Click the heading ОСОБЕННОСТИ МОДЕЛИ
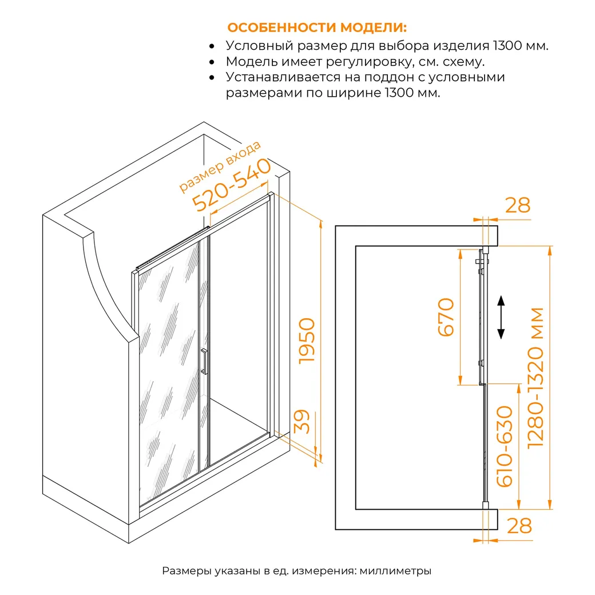pos(317,27)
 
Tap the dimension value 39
pos(303,422)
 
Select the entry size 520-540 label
pos(232,185)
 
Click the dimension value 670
pos(446,317)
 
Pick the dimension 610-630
pos(505,446)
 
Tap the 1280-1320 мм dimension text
pos(536,378)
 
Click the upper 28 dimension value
pos(518,205)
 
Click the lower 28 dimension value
pos(519,526)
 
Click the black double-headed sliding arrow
pos(501,317)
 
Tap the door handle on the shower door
pos(204,361)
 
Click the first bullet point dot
pos(212,46)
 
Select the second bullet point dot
pos(212,62)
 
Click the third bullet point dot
pos(212,77)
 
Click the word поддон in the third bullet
pos(388,77)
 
